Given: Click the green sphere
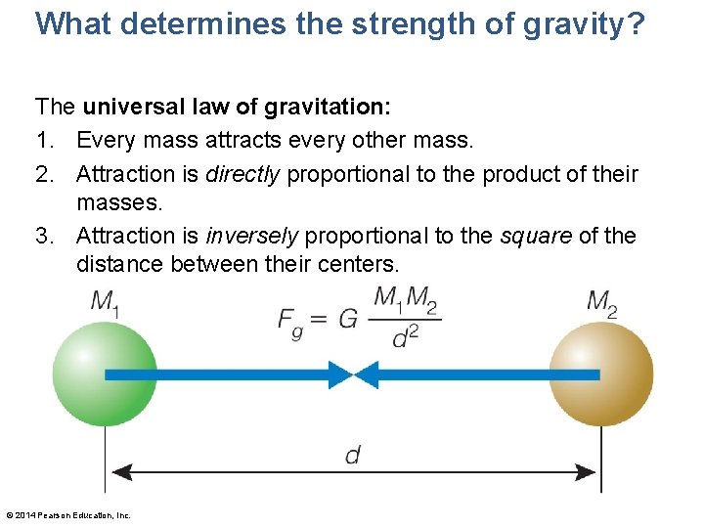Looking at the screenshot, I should point(105,374).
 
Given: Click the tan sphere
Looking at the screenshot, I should point(600,374).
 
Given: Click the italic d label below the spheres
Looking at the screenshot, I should point(352,455).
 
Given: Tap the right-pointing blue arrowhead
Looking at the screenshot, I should point(339,374).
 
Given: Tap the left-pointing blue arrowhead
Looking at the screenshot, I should point(366,374).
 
